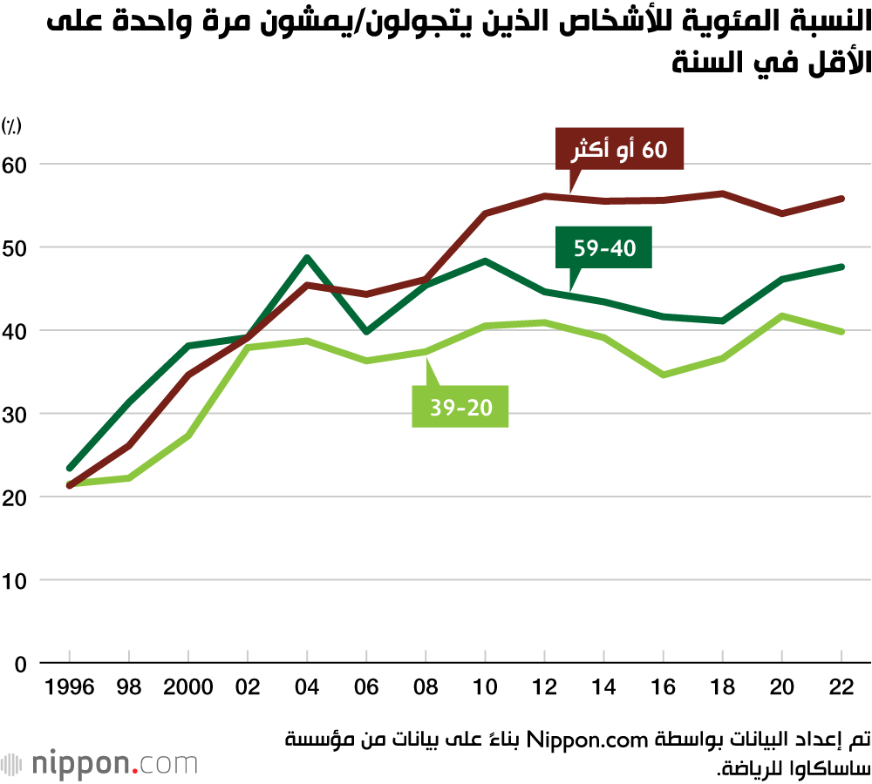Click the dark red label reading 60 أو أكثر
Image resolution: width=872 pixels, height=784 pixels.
[619, 150]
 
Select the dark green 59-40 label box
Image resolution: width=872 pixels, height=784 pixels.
[604, 248]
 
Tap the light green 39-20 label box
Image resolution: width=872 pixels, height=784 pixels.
[460, 408]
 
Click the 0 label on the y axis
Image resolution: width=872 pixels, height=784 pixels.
[21, 664]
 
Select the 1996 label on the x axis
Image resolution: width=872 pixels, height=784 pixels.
[70, 687]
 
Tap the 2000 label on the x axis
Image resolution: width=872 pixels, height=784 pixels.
[188, 687]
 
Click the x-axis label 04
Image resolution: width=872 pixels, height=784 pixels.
[307, 687]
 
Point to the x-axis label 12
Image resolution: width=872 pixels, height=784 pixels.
[544, 687]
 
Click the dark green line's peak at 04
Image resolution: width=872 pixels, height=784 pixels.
[307, 258]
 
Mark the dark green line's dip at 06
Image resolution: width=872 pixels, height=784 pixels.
[366, 332]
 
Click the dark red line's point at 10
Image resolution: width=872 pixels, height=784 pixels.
[485, 213]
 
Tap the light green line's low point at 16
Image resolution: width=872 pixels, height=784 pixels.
[664, 375]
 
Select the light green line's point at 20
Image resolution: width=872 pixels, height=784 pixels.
[782, 315]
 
